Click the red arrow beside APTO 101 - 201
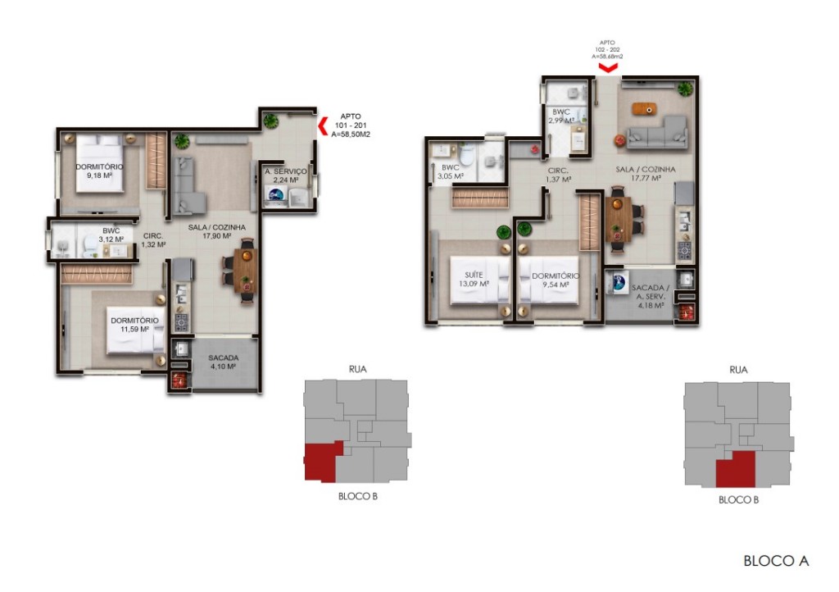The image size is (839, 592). click(x=322, y=125)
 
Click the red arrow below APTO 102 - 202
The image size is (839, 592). click(x=607, y=68)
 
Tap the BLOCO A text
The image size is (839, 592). click(x=775, y=561)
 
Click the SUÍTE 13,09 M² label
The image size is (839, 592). click(x=473, y=280)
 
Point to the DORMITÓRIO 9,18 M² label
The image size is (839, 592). click(x=99, y=170)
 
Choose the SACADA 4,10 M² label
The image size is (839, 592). click(x=223, y=362)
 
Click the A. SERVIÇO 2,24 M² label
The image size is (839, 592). click(x=285, y=175)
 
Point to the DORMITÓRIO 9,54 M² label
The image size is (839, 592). click(x=554, y=281)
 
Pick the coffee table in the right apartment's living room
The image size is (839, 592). click(x=646, y=107)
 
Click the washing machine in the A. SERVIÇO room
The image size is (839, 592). click(x=276, y=195)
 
